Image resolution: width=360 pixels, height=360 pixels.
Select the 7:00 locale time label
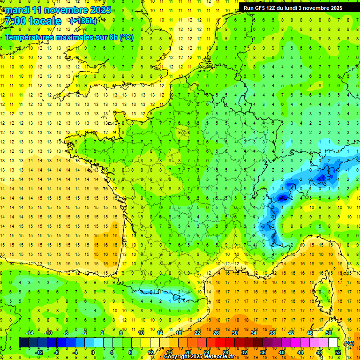[x=33, y=21]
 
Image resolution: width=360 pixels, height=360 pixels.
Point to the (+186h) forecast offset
[x=83, y=21]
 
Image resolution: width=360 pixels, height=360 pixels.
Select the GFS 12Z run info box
[x=293, y=7]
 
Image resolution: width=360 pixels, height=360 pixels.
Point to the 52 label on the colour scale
[x=337, y=352]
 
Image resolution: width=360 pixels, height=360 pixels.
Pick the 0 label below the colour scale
[x=93, y=352]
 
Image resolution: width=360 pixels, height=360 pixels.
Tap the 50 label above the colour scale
[x=328, y=333]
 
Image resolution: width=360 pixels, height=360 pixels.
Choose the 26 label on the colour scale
[x=216, y=333]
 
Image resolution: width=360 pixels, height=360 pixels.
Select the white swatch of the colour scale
[x=333, y=343]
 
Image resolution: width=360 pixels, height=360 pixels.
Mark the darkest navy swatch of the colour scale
[x=23, y=343]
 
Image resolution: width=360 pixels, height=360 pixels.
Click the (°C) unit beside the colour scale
[x=349, y=343]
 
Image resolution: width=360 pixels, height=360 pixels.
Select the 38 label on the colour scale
[x=272, y=333]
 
